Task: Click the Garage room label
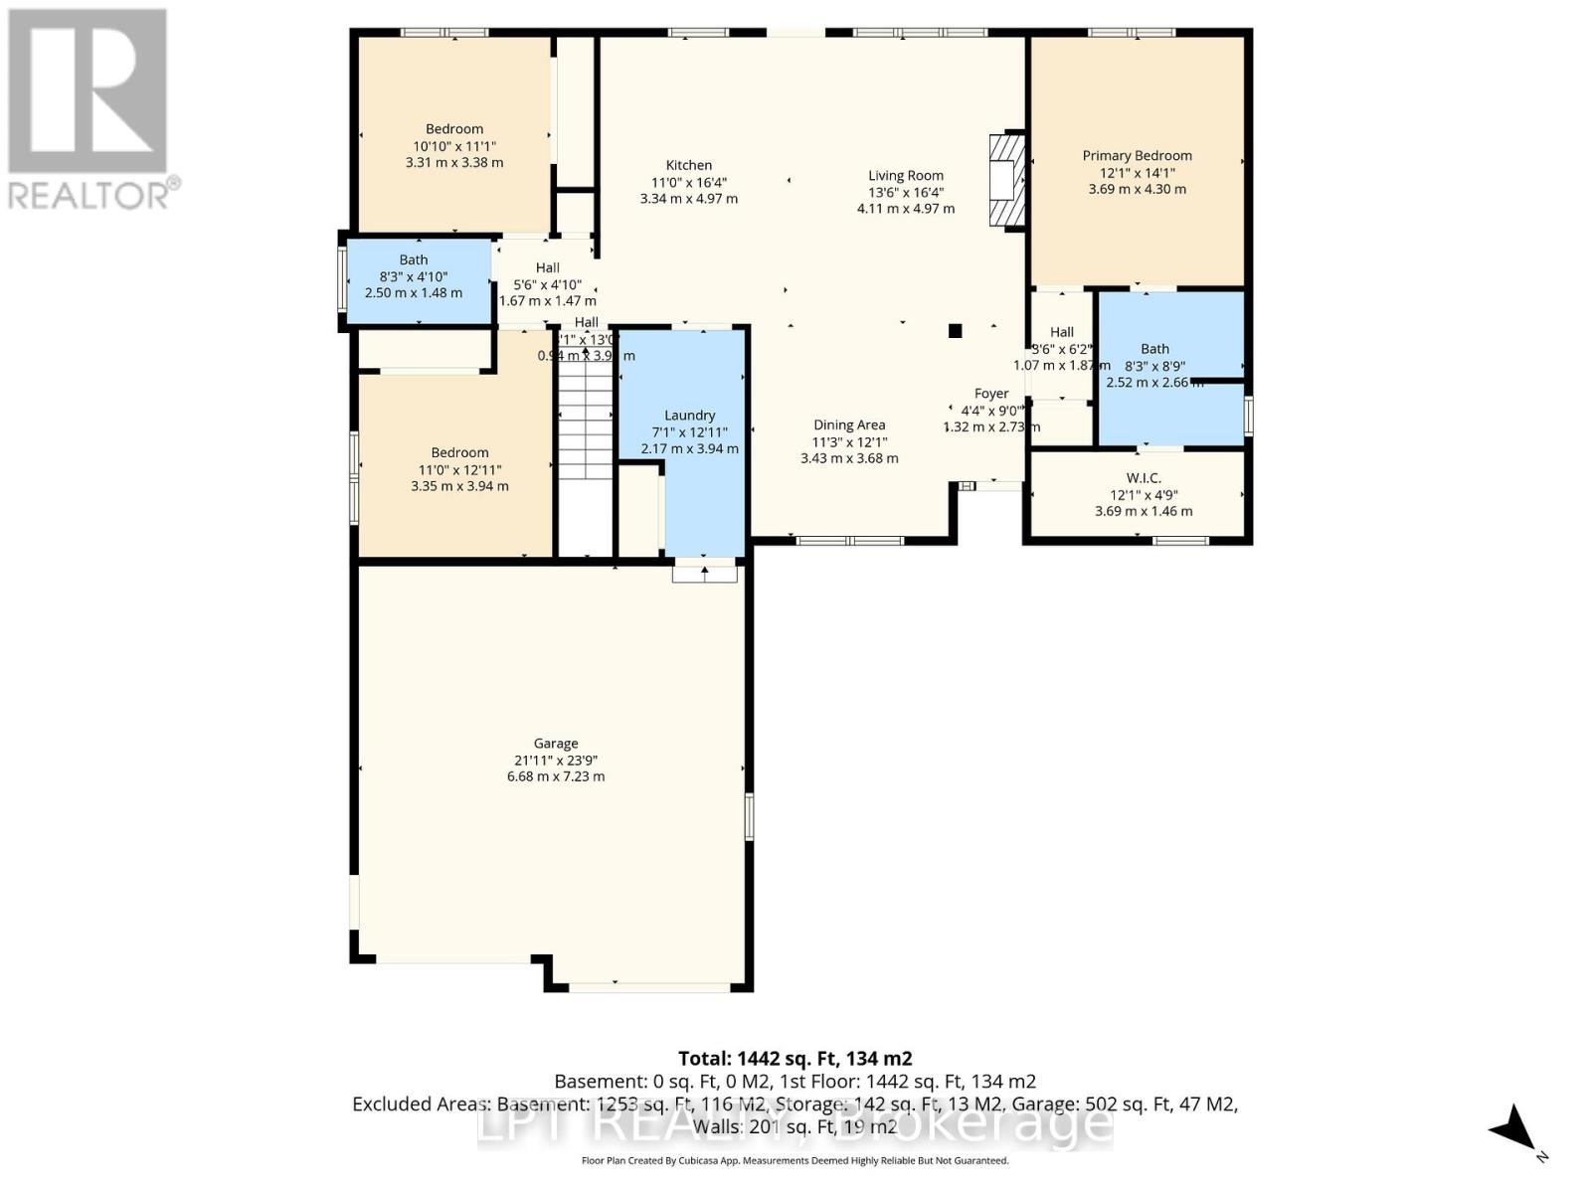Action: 555,743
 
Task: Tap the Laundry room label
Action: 689,416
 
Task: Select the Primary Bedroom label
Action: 1137,155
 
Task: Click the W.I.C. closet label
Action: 1144,478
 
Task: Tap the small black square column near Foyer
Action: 955,331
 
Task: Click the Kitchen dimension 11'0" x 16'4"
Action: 688,182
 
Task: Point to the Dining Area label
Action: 849,425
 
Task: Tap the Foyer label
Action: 991,394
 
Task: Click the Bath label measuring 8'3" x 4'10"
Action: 414,259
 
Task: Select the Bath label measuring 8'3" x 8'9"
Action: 1154,349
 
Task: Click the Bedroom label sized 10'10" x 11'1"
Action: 454,129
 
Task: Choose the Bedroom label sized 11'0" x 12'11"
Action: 459,452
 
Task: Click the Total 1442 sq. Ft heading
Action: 795,1058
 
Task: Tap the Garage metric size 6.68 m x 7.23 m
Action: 555,776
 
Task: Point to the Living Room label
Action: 905,175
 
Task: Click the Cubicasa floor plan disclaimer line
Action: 795,1160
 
